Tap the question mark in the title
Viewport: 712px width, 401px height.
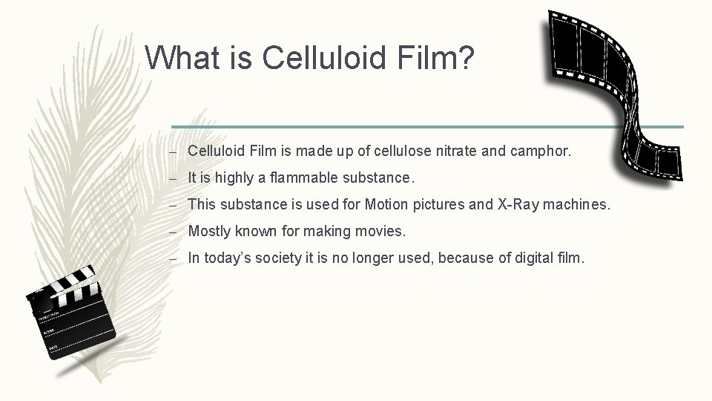click(x=465, y=57)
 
